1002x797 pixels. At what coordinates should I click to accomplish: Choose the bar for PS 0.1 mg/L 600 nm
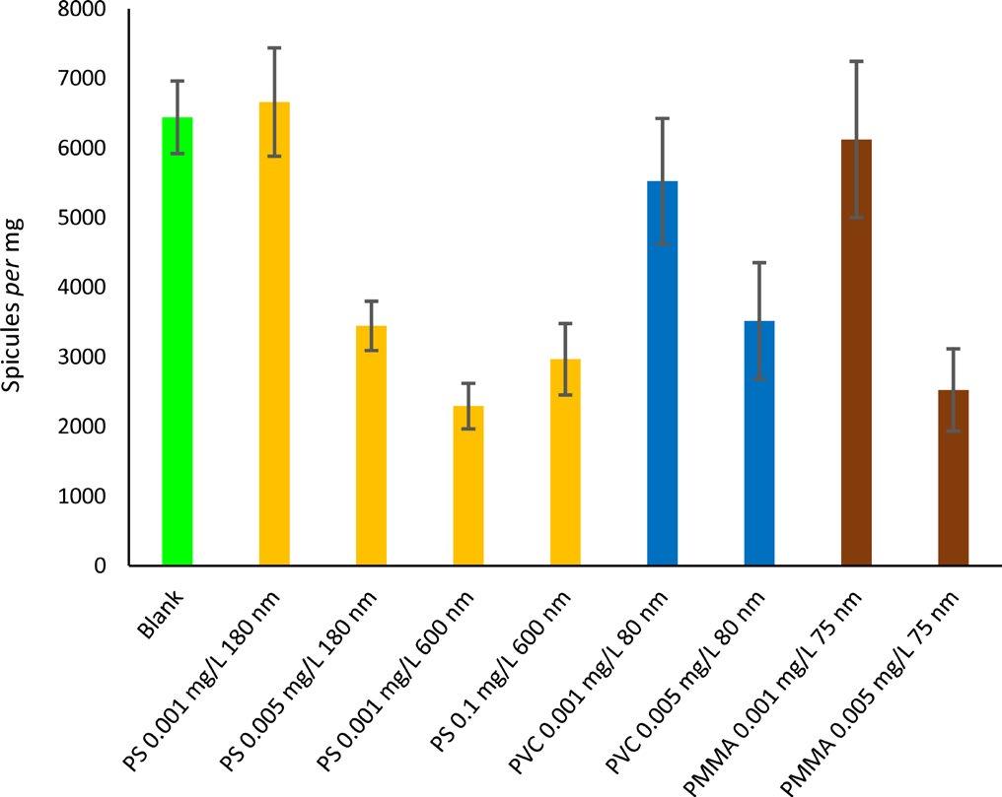565,462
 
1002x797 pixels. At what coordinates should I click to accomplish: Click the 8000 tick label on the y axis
86,9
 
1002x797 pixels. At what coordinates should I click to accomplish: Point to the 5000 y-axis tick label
86,218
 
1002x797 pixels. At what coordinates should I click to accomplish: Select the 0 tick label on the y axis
100,566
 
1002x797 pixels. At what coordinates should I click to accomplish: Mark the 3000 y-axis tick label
86,358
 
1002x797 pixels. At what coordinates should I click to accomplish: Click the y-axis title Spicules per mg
15,305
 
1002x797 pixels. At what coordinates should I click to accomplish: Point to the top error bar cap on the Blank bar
178,81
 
